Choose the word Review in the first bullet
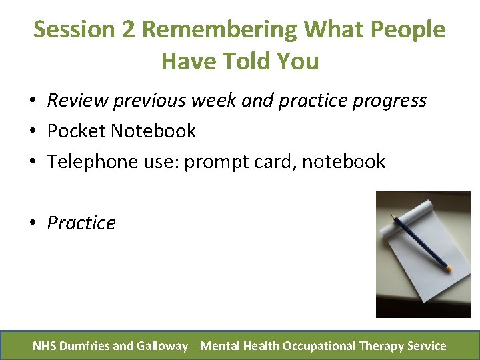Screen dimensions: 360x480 click(77, 100)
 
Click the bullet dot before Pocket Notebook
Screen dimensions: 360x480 click(31, 131)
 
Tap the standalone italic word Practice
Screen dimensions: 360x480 click(81, 223)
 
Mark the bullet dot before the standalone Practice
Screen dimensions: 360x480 click(31, 223)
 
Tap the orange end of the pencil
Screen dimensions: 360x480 click(449, 268)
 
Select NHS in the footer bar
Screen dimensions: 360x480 click(45, 345)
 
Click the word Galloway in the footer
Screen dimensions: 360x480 click(163, 345)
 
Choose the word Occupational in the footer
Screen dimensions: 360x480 click(318, 345)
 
